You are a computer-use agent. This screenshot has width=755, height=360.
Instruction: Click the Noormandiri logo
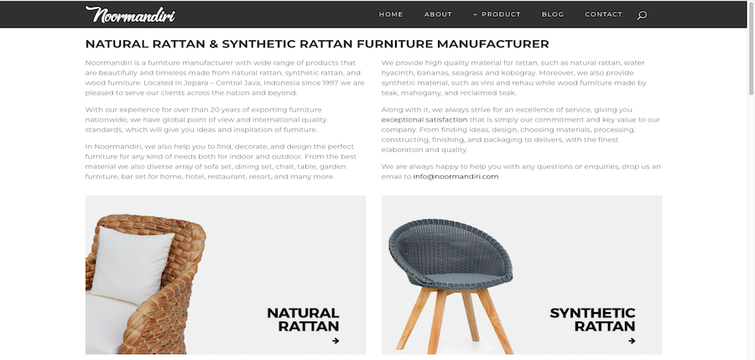pos(130,14)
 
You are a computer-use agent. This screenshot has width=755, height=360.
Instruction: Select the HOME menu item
pos(390,14)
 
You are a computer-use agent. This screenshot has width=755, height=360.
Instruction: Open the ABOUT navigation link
pos(438,14)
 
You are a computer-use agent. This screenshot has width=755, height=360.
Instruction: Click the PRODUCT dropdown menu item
pos(497,14)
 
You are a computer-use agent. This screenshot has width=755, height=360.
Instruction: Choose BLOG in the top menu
pos(552,14)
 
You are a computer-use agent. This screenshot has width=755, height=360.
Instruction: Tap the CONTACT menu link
pos(603,14)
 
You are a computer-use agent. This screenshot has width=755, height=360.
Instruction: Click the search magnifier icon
pos(642,15)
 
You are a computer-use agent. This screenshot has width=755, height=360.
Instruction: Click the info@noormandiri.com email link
pos(456,177)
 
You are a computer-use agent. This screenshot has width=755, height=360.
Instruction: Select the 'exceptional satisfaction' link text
pos(424,119)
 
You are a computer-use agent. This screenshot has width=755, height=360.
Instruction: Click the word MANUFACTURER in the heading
pos(493,44)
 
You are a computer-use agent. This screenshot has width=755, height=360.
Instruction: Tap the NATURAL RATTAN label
pos(303,320)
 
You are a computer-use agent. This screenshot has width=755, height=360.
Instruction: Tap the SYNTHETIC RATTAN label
pos(592,320)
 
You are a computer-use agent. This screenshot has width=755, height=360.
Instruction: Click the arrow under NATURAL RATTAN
pos(336,341)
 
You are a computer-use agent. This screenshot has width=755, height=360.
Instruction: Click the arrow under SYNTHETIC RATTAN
pos(632,341)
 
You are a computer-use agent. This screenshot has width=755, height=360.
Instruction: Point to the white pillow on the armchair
pos(132,264)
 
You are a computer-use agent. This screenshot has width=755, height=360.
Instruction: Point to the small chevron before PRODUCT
pos(476,14)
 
